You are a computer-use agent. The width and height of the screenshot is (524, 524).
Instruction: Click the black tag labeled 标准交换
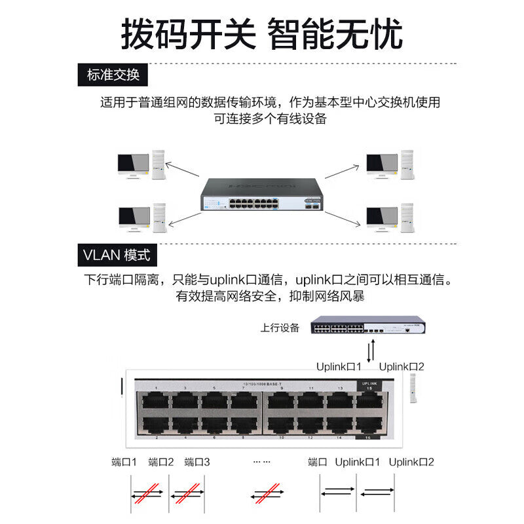pyautogui.click(x=113, y=75)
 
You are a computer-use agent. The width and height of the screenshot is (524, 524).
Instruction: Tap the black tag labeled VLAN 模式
pyautogui.click(x=117, y=254)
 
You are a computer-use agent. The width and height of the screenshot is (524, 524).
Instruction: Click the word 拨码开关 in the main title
pyautogui.click(x=188, y=34)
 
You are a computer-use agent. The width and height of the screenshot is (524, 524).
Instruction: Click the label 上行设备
pyautogui.click(x=280, y=327)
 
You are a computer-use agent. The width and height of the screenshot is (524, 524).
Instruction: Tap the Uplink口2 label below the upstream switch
pyautogui.click(x=402, y=367)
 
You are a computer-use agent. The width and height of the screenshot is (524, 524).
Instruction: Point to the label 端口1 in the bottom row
pyautogui.click(x=124, y=462)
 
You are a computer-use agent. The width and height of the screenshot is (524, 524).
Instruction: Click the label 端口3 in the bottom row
pyautogui.click(x=197, y=462)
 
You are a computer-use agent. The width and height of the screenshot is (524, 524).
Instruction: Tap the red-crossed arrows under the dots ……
pyautogui.click(x=267, y=494)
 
